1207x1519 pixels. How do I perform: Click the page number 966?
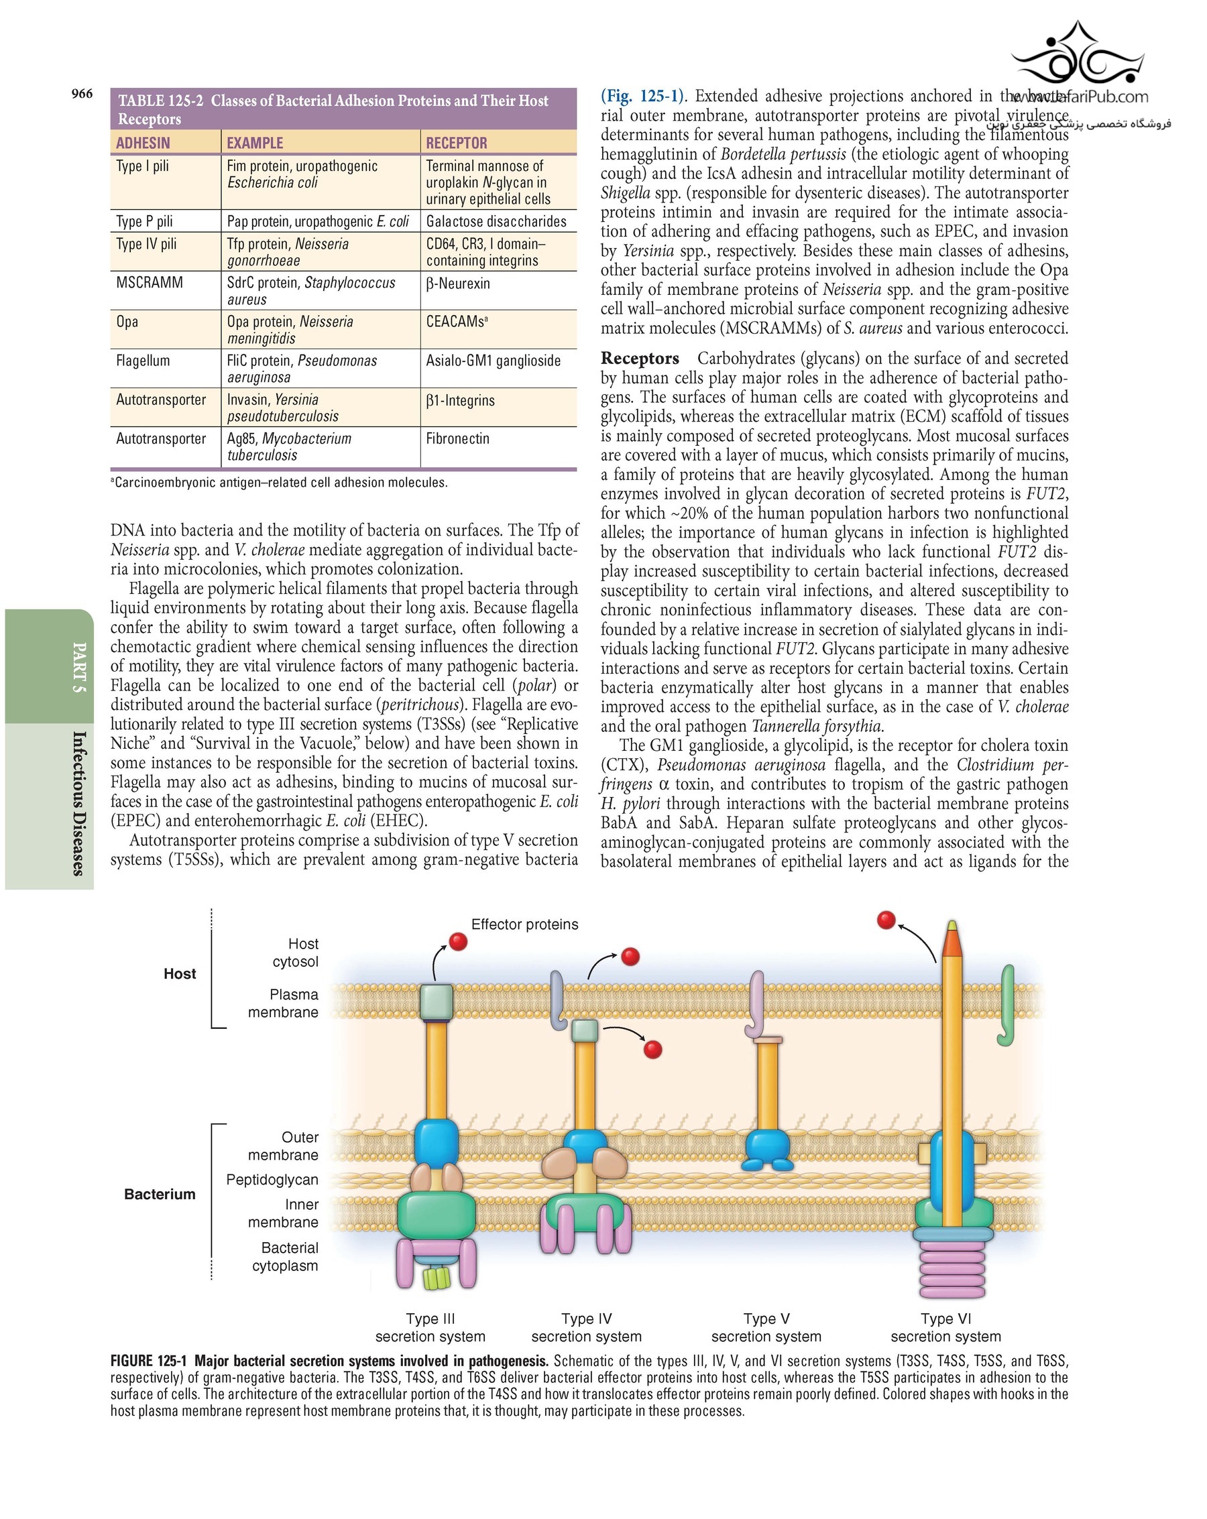[82, 94]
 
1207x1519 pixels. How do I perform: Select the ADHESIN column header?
[143, 143]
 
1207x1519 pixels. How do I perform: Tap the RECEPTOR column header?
[456, 143]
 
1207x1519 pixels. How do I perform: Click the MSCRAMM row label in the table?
[150, 282]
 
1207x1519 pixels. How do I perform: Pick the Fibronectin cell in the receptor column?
[457, 438]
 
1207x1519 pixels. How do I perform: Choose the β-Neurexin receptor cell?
[457, 284]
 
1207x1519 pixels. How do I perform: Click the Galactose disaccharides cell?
[496, 221]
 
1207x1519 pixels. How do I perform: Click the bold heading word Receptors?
[640, 359]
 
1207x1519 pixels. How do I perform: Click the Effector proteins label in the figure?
[524, 924]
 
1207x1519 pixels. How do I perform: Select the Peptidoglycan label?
[272, 1179]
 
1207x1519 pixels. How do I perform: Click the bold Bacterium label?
[160, 1193]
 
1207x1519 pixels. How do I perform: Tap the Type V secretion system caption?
[766, 1327]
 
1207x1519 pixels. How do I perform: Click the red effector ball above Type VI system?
[886, 920]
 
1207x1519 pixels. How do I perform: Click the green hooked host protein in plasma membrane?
[1007, 1004]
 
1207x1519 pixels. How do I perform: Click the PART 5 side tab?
[80, 666]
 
